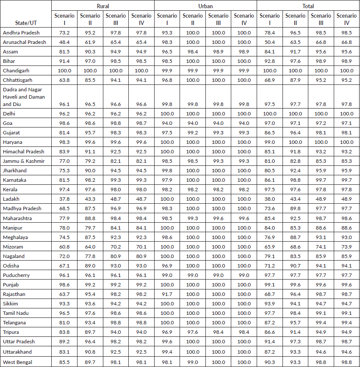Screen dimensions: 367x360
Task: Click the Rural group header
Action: point(102,6)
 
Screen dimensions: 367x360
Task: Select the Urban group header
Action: point(205,6)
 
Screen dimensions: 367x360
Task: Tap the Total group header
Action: point(308,6)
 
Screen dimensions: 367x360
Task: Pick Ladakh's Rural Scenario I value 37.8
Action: point(65,199)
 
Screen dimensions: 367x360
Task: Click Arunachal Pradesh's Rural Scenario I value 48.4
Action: point(65,42)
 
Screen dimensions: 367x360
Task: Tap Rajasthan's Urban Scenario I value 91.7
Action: point(167,294)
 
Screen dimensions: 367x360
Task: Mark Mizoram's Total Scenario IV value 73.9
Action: point(347,247)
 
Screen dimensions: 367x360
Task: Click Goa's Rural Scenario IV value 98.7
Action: point(141,123)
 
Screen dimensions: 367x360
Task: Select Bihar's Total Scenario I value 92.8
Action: point(270,62)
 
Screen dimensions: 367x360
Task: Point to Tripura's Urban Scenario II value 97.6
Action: point(192,332)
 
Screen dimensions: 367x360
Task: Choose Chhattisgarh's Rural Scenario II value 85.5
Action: point(90,80)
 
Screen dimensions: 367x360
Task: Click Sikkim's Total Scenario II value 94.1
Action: point(295,304)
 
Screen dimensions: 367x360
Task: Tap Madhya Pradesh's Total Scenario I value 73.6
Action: point(270,208)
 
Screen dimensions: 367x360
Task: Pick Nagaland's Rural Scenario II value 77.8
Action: point(90,256)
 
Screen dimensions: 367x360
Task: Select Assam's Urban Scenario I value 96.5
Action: point(167,52)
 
